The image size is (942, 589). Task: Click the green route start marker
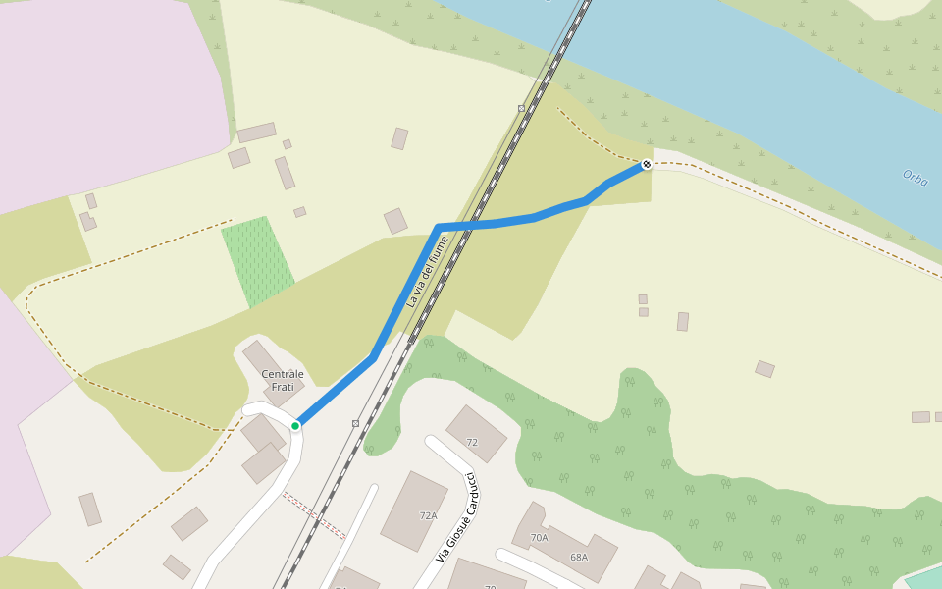point(295,425)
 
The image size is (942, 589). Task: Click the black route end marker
point(647,164)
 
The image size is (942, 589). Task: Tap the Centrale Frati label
point(283,380)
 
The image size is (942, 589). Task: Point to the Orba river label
point(915,179)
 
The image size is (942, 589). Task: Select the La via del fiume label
point(427,272)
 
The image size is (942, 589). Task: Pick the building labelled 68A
point(578,557)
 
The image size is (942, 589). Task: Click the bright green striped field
point(258,260)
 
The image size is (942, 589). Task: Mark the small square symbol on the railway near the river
point(521,108)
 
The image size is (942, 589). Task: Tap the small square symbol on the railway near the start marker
point(355,423)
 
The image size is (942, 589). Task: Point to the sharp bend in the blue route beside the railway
point(439,228)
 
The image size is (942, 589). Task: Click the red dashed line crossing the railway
point(314,515)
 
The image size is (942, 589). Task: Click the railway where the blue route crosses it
point(475,225)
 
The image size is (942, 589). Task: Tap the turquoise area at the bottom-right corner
point(924,578)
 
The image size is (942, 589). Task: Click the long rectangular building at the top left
point(256,133)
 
